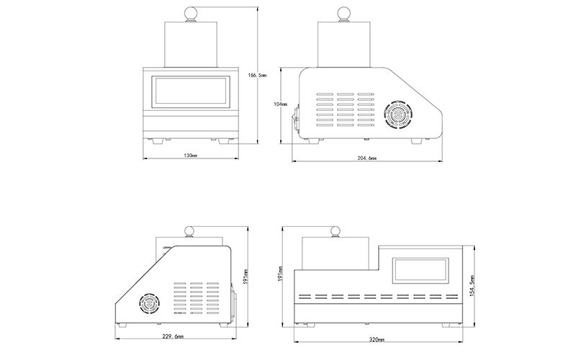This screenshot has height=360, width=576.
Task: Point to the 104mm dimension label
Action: [x=283, y=104]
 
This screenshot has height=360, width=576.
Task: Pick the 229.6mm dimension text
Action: [x=174, y=336]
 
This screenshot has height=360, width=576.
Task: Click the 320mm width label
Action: [x=376, y=339]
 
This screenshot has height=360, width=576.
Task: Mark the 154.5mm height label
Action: [x=472, y=287]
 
